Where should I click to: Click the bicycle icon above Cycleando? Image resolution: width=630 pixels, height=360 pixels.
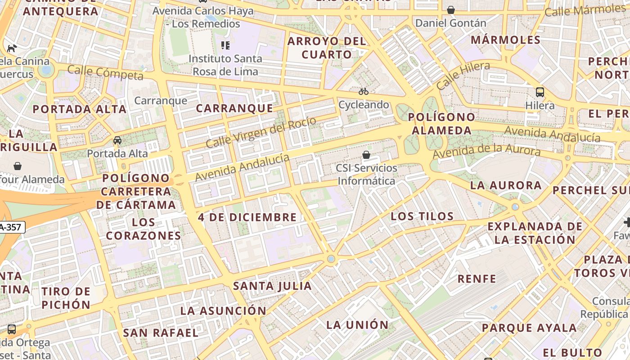364,91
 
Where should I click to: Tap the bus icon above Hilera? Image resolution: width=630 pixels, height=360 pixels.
540,92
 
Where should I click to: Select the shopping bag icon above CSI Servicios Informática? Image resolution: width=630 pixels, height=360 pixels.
366,155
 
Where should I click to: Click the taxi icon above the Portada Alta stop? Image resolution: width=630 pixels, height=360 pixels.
117,140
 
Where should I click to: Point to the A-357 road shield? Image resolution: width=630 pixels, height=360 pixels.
11,227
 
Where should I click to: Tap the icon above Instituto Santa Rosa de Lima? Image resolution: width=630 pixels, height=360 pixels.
225,45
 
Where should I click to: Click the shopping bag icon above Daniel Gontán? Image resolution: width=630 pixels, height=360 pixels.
451,9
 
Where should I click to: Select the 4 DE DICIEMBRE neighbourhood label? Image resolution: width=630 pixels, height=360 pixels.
247,217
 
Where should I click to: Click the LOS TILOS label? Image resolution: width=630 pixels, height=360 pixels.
422,216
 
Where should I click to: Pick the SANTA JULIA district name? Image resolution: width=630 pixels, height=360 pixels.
272,286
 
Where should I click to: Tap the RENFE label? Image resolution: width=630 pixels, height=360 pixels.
477,279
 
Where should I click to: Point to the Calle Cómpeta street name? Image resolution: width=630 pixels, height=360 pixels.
105,72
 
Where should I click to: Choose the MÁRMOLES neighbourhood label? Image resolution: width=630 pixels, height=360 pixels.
505,40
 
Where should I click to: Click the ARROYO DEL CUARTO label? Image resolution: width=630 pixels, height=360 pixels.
327,48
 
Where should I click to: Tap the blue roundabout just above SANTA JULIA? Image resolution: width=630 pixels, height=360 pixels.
331,259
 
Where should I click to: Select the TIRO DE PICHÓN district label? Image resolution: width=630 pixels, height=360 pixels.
66,298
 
